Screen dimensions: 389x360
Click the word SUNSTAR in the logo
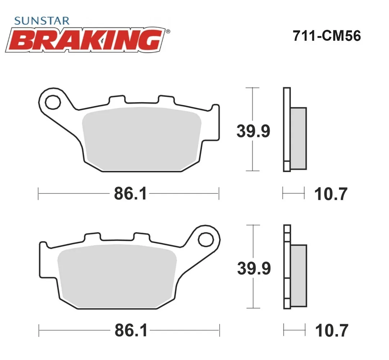tap(42, 21)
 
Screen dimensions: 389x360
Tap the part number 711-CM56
tap(327, 36)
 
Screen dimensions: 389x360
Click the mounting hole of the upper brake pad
tap(53, 102)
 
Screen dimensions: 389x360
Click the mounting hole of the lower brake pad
tap(206, 239)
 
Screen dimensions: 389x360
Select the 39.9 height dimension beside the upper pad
tap(253, 131)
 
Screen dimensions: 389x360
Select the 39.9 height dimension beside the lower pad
tap(254, 268)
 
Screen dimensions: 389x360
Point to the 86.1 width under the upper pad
tap(131, 194)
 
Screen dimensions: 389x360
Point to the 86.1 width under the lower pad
tap(131, 330)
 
